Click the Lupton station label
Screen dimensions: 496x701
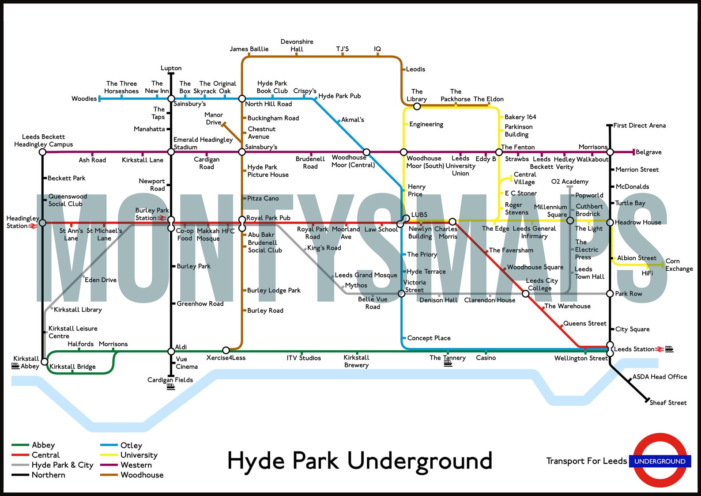(x=171, y=68)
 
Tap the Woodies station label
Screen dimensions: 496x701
(x=84, y=98)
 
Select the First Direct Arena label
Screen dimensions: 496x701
(x=639, y=125)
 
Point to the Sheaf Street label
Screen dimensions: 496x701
(x=668, y=403)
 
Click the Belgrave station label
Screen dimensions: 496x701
(x=648, y=152)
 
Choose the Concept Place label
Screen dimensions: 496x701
(x=429, y=338)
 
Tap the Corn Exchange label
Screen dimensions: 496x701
(x=679, y=265)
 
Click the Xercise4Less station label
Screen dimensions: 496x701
(x=226, y=358)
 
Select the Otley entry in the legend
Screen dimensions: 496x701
(x=131, y=445)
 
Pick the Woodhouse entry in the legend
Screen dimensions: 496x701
(x=142, y=475)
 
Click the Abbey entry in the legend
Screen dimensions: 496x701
(x=43, y=445)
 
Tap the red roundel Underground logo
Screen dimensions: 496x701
(x=660, y=461)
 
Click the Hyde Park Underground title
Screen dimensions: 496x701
(x=359, y=461)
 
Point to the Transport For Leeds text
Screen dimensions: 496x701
(x=586, y=461)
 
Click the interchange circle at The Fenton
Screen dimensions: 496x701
(x=499, y=152)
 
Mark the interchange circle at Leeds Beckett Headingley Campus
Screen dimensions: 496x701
(x=42, y=152)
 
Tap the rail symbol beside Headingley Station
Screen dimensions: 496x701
(x=33, y=226)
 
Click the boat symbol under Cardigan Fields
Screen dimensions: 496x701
(x=171, y=387)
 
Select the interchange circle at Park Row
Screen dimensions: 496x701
(x=610, y=294)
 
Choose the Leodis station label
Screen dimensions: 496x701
(x=415, y=69)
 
